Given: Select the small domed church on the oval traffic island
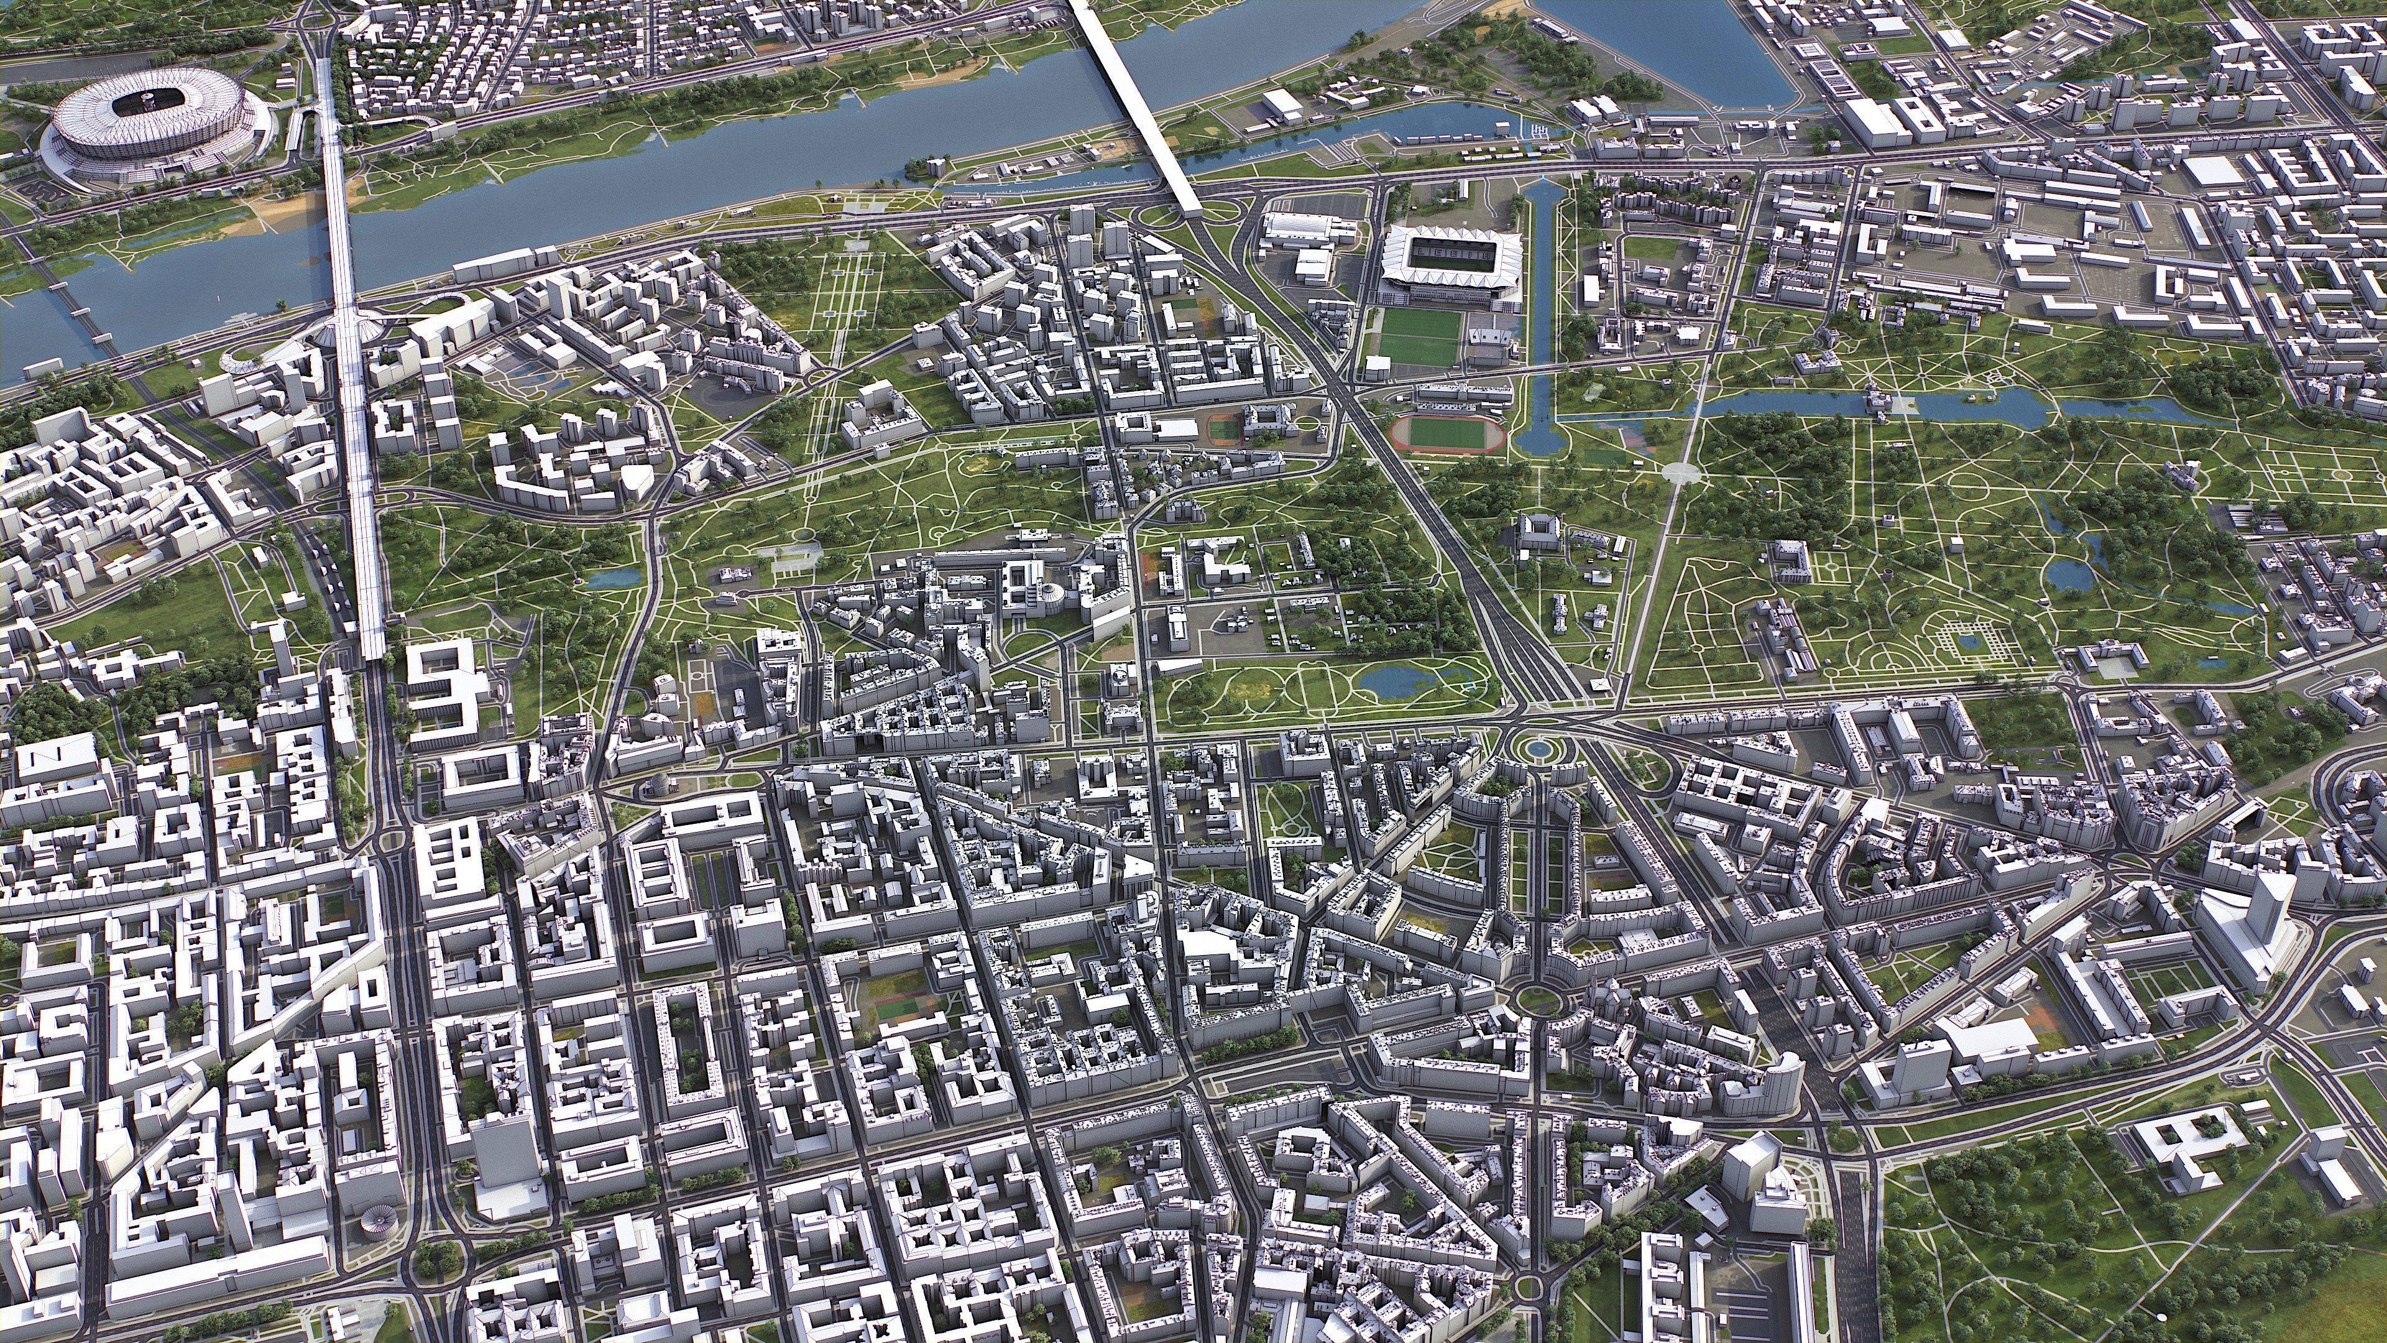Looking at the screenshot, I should coord(655,786).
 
